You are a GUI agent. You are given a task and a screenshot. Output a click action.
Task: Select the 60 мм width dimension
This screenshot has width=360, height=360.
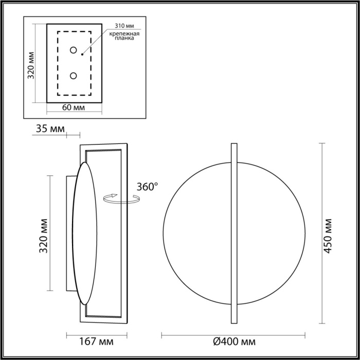point(74,107)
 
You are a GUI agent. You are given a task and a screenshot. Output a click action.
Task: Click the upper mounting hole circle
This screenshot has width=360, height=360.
point(74,50)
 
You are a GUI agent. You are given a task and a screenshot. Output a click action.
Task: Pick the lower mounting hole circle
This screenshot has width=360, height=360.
point(74,76)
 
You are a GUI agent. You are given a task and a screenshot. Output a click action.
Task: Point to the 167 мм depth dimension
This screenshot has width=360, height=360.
point(97,341)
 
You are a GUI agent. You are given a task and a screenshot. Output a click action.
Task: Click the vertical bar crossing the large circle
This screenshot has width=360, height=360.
point(234,232)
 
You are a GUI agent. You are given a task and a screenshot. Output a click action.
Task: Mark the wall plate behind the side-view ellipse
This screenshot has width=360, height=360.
point(69,233)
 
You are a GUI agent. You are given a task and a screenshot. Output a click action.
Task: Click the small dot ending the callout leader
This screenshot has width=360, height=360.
point(82,52)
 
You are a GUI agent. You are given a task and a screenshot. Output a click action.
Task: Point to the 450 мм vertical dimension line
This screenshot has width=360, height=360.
point(321,232)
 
